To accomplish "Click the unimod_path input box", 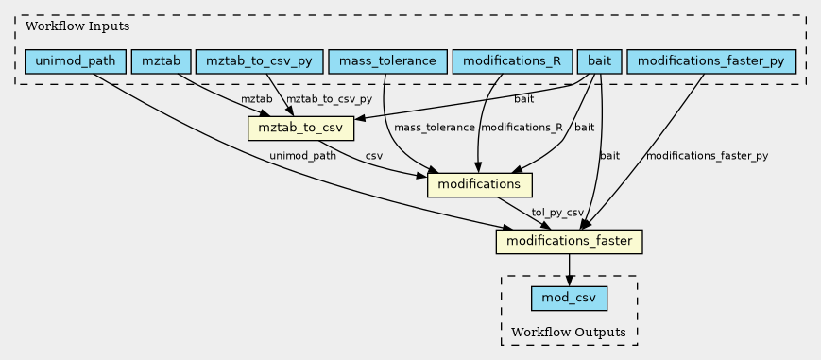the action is pyautogui.click(x=76, y=61).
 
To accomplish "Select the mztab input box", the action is pyautogui.click(x=162, y=61).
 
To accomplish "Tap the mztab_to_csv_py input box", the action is pyautogui.click(x=260, y=61).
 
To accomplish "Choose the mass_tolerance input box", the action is pyautogui.click(x=387, y=61).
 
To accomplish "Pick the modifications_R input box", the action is pyautogui.click(x=512, y=61).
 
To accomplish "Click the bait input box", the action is pyautogui.click(x=600, y=61).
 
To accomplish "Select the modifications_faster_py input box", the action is pyautogui.click(x=711, y=61).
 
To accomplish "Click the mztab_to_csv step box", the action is pyautogui.click(x=300, y=129).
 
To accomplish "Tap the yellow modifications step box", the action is pyautogui.click(x=480, y=184).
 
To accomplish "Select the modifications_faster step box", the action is pyautogui.click(x=569, y=242).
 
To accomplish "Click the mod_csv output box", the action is pyautogui.click(x=569, y=299).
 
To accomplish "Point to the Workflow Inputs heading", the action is pyautogui.click(x=77, y=26).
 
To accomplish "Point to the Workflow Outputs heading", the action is pyautogui.click(x=569, y=332).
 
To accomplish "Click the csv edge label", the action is pyautogui.click(x=374, y=156).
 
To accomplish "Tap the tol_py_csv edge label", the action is pyautogui.click(x=557, y=213).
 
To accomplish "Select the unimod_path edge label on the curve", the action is pyautogui.click(x=302, y=156).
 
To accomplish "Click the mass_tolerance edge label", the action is pyautogui.click(x=434, y=128).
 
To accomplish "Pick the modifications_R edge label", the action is pyautogui.click(x=521, y=128).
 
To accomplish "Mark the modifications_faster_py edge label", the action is pyautogui.click(x=707, y=156).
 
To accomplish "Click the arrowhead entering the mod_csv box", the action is pyautogui.click(x=569, y=282).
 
